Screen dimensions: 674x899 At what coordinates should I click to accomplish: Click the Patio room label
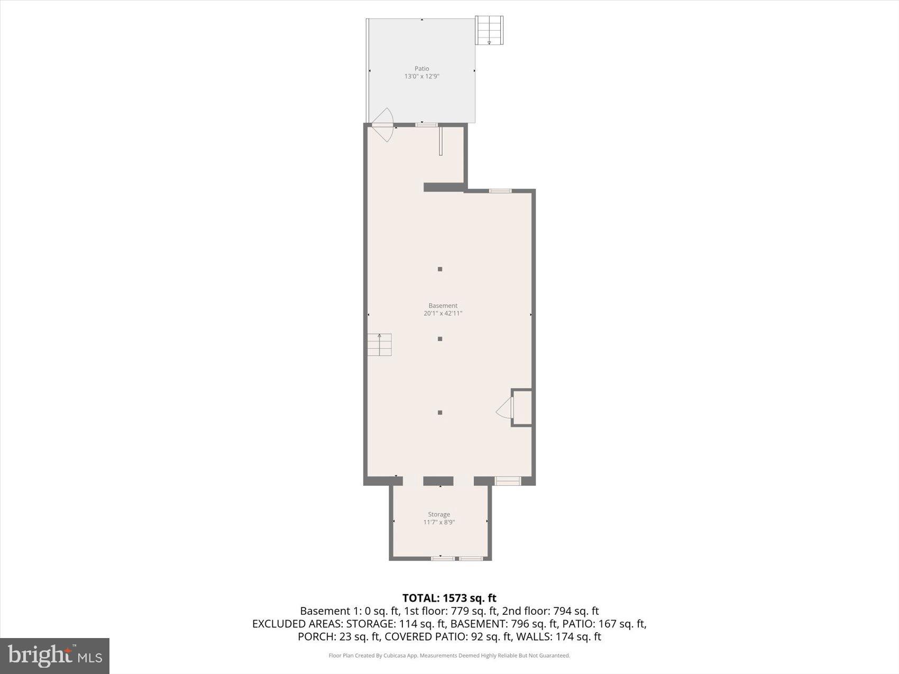coord(421,69)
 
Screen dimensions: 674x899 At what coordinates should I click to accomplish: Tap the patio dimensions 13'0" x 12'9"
coord(421,77)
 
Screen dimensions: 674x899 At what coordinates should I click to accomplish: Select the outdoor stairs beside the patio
coord(489,31)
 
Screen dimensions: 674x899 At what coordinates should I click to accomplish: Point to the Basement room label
coord(443,306)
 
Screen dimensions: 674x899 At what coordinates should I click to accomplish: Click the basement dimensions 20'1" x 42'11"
coord(443,313)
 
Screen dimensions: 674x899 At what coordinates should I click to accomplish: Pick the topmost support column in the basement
coord(440,269)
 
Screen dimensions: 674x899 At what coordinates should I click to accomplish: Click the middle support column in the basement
coord(440,339)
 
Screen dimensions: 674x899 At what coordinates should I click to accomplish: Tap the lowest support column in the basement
coord(440,412)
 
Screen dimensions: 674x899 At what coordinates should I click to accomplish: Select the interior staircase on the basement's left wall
coord(380,345)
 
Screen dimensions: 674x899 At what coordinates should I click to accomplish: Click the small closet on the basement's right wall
coord(522,408)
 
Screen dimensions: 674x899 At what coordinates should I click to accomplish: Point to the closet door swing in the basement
coord(506,408)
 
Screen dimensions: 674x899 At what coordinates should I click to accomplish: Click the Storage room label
coord(439,514)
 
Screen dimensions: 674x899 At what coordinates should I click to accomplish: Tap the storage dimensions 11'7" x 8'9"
coord(439,522)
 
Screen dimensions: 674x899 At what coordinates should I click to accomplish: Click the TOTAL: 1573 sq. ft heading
coord(449,598)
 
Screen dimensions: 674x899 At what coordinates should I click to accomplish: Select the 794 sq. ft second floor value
coord(575,611)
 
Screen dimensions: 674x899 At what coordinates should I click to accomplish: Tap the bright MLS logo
coord(55,656)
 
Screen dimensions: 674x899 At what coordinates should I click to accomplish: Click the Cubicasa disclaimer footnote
coord(449,655)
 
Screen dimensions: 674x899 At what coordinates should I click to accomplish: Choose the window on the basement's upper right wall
coord(500,191)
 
